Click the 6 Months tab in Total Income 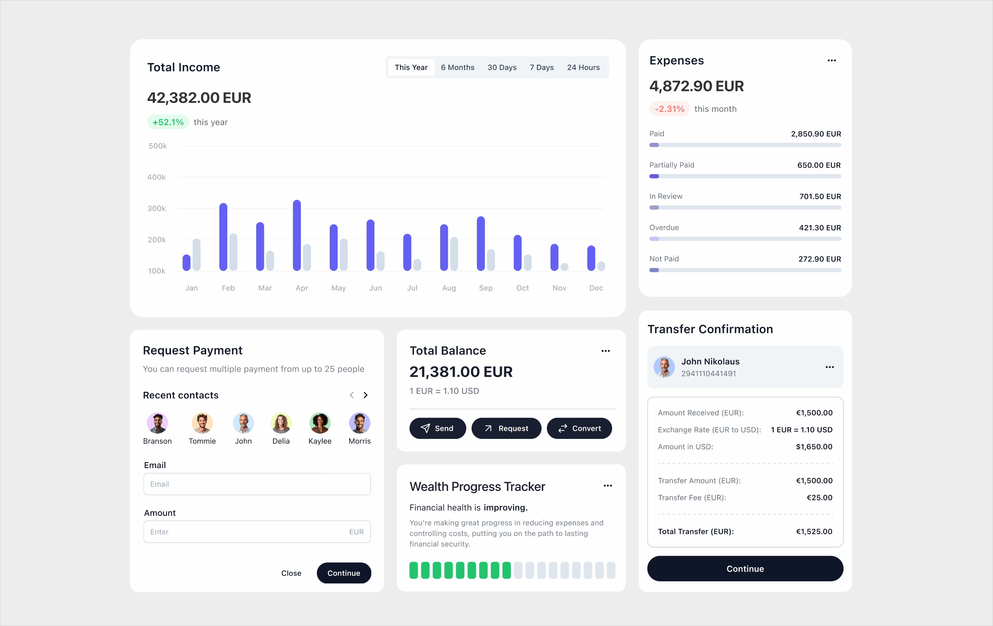457,67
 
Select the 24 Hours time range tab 583,67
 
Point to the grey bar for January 197,254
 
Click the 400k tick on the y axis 157,177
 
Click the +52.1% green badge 168,122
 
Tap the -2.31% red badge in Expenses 669,109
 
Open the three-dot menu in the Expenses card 831,60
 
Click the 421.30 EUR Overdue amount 820,228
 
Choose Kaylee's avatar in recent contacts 320,423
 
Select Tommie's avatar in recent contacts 202,423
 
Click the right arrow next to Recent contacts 365,395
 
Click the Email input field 257,484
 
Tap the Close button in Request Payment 291,573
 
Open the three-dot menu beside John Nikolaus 830,367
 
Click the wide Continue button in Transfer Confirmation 745,569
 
